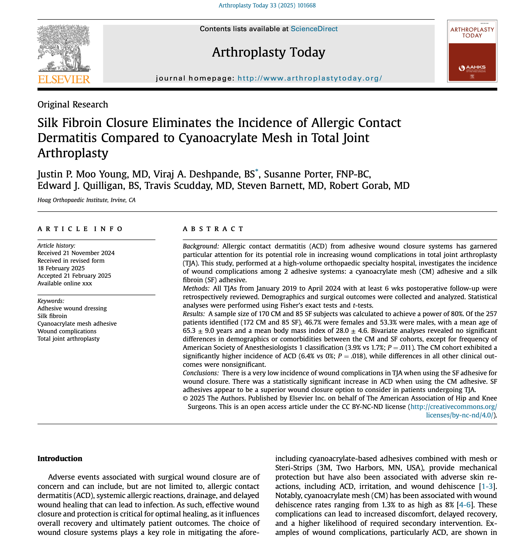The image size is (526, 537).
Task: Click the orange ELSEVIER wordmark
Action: click(64, 80)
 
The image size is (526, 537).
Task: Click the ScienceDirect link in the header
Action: click(314, 29)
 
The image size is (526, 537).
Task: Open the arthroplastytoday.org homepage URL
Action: click(310, 78)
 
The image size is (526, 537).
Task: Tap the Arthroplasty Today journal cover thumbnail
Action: click(472, 51)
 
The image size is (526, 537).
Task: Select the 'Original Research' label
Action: click(73, 104)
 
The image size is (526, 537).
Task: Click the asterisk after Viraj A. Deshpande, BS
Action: click(257, 170)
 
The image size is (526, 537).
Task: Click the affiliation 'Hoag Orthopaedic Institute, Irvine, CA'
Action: click(87, 200)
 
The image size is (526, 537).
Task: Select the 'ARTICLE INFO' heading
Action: click(80, 229)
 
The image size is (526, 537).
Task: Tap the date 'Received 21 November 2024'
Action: click(76, 253)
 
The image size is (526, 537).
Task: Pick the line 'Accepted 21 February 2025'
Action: click(74, 276)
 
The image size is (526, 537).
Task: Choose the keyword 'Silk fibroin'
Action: click(52, 316)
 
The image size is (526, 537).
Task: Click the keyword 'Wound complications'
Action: click(67, 331)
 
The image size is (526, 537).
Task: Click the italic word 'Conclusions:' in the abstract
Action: click(201, 373)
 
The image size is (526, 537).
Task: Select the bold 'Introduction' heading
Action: click(60, 459)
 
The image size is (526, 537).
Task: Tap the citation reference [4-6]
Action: click(465, 505)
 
